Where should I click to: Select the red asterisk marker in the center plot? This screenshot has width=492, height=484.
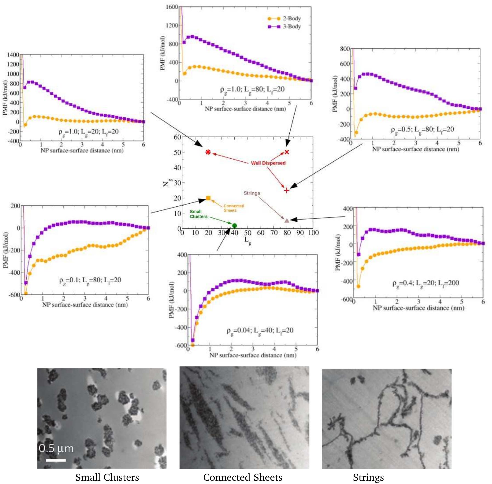tap(208, 152)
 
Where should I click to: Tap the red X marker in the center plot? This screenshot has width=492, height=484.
tap(287, 152)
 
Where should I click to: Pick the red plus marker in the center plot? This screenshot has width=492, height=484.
tap(286, 190)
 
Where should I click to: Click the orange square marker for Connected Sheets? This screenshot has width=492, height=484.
tap(208, 198)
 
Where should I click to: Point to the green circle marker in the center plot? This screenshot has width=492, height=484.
tap(234, 226)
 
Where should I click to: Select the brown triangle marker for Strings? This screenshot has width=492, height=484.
tap(287, 220)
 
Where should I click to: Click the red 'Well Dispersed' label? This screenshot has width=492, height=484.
tap(268, 163)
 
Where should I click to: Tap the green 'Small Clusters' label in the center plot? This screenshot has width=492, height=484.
tap(198, 214)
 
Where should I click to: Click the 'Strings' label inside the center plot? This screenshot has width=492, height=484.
tap(252, 193)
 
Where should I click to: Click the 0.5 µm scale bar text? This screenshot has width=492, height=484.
tap(56, 448)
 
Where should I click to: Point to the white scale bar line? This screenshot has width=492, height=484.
tap(56, 460)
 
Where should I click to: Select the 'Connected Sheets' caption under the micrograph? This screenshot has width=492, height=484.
tap(243, 477)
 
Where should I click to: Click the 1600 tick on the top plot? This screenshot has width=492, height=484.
tap(172, 7)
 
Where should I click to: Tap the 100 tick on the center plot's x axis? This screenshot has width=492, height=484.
tap(313, 233)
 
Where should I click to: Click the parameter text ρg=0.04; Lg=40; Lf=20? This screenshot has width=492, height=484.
tap(260, 330)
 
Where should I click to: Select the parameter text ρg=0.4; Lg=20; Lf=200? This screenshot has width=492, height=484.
tap(425, 283)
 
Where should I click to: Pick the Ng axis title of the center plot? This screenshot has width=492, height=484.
tap(167, 183)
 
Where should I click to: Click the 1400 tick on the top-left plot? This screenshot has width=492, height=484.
tap(13, 55)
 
